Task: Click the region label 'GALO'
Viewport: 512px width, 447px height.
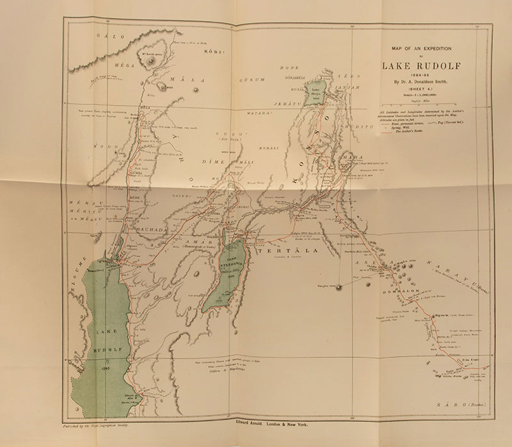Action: click(108, 37)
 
